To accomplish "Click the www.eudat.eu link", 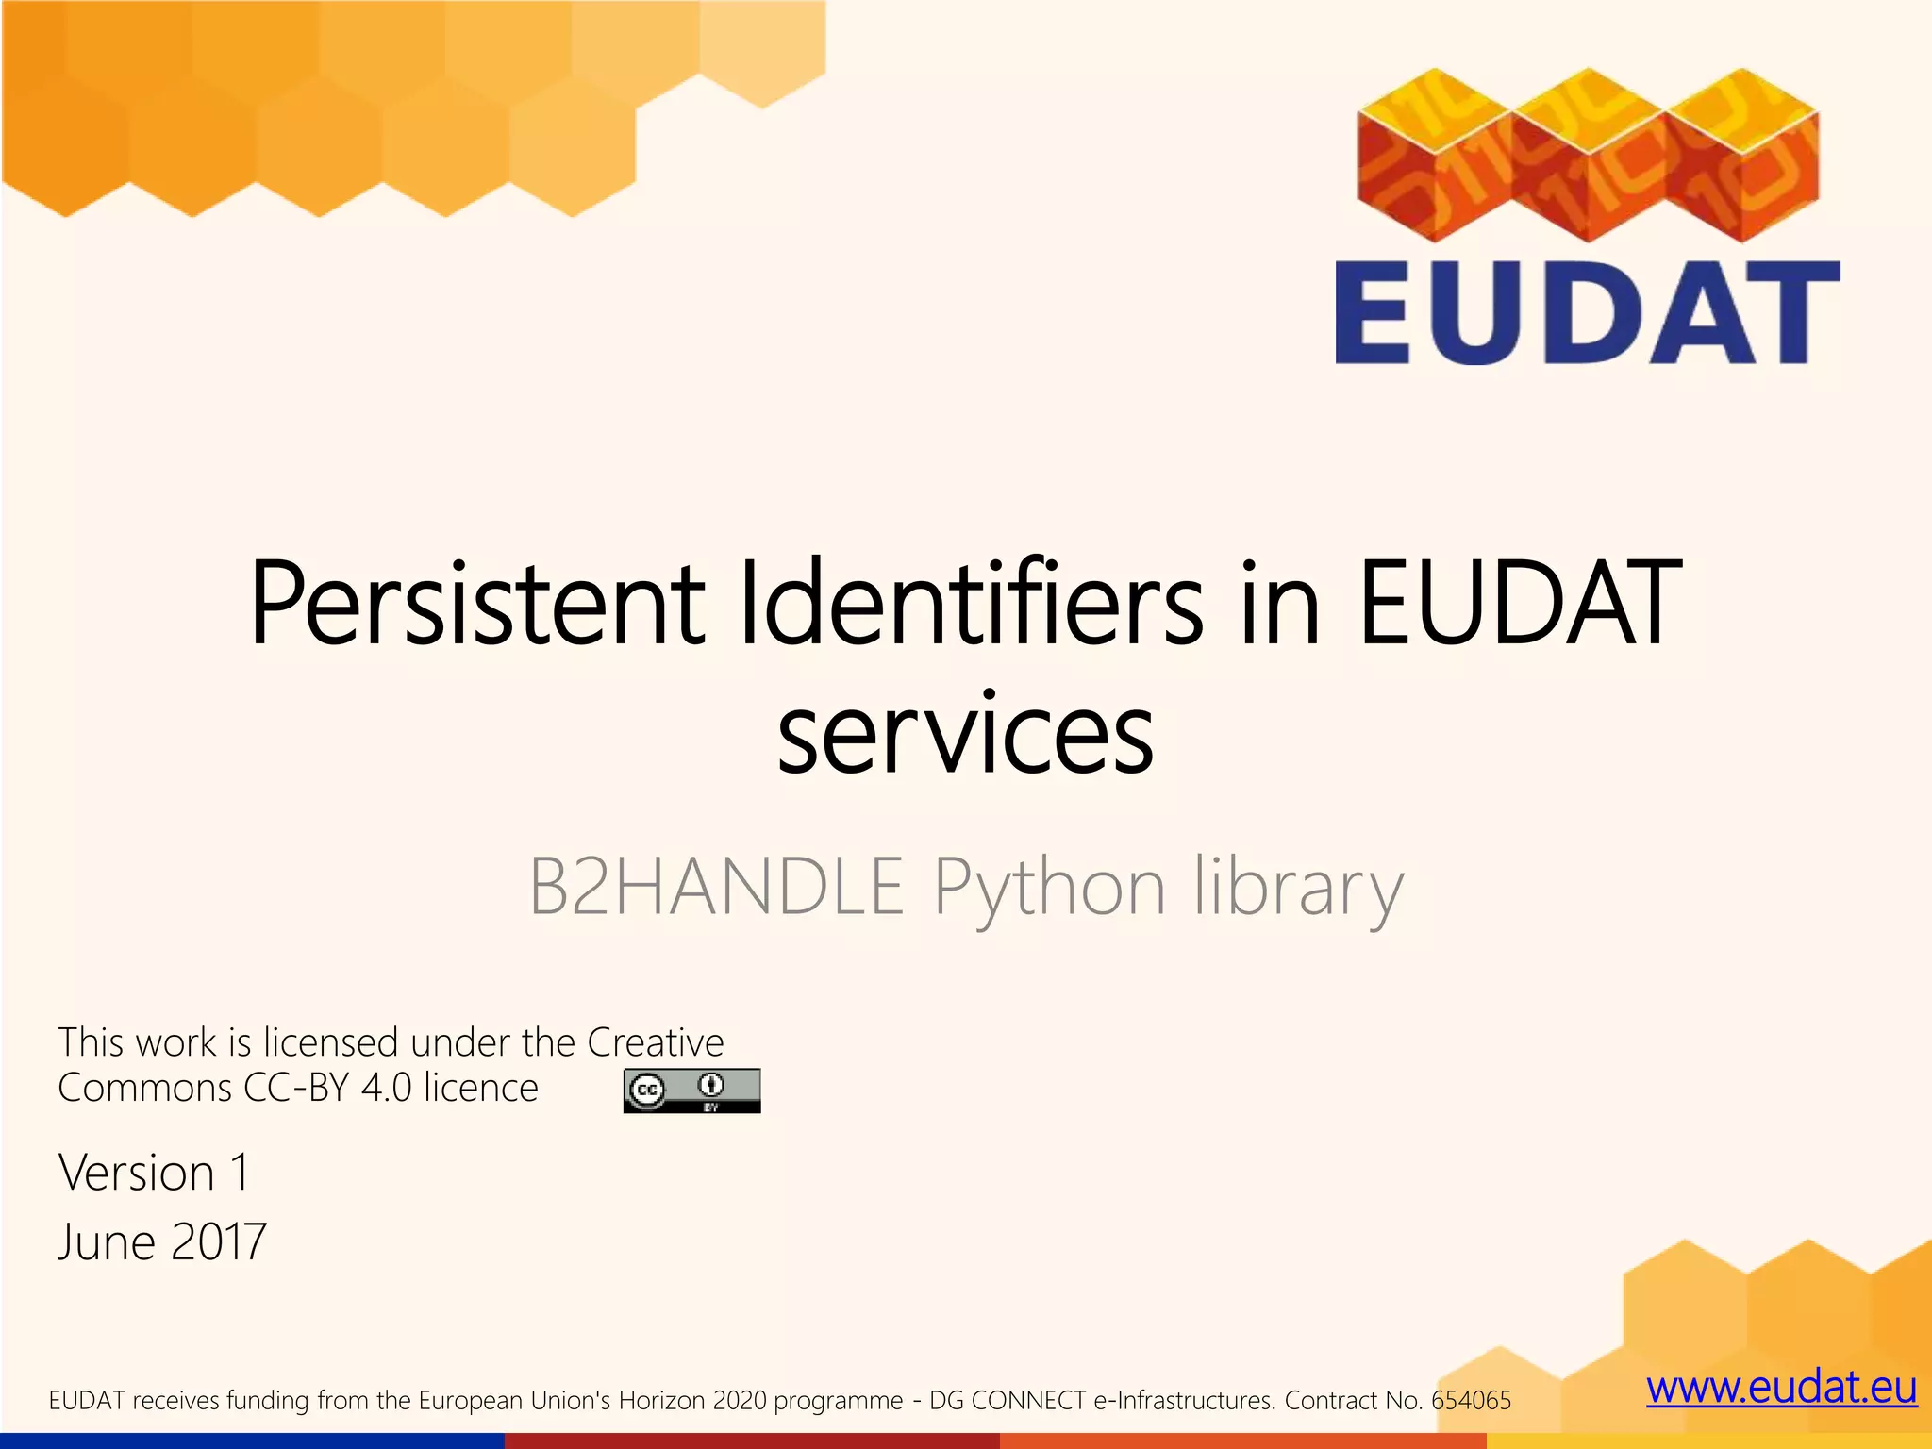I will coord(1781,1389).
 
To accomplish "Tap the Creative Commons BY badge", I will coord(691,1091).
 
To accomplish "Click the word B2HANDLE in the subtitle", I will coord(716,886).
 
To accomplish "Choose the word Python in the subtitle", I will coord(1049,888).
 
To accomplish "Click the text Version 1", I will coord(154,1173).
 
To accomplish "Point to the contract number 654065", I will coord(1471,1400).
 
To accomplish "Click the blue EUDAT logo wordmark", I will coord(1587,312).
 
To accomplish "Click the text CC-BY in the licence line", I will coord(296,1088).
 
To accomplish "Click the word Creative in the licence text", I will coord(655,1042).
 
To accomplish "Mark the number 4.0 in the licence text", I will coord(387,1088).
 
